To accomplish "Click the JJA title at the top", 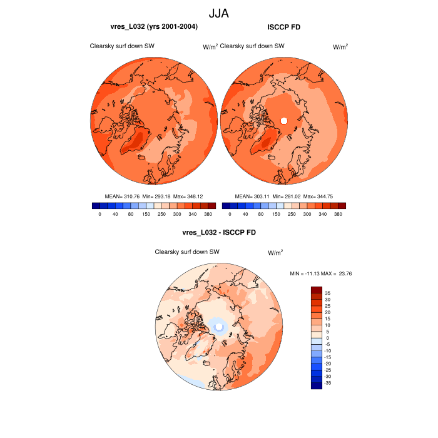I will [x=218, y=13].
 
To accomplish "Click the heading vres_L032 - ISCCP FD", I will [x=218, y=233].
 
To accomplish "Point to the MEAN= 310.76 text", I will [x=122, y=196].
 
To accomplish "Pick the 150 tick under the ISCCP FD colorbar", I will [x=275, y=214].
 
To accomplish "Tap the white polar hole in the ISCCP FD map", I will [x=283, y=120].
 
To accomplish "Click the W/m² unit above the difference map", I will [x=275, y=253].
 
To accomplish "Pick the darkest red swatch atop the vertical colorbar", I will [x=317, y=290].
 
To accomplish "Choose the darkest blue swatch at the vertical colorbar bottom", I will [x=317, y=385].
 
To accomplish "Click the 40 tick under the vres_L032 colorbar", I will [x=115, y=214].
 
